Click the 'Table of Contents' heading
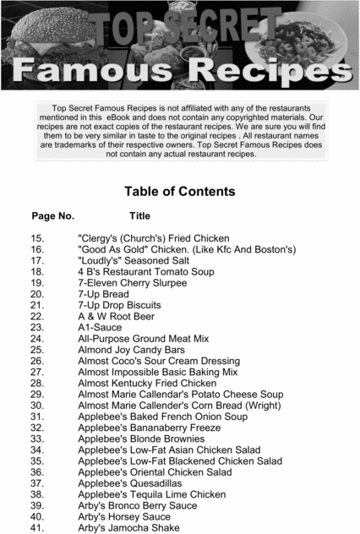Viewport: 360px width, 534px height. (x=179, y=191)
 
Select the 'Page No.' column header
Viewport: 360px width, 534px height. (x=52, y=216)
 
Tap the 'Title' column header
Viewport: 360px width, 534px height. (x=139, y=216)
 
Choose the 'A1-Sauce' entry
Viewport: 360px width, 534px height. (x=100, y=327)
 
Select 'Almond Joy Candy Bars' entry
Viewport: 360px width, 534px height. (x=131, y=349)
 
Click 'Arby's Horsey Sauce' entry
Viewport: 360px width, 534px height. (x=124, y=516)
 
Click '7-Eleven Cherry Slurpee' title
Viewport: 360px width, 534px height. (x=134, y=283)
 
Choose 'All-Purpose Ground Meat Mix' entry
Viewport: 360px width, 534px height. (x=143, y=338)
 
